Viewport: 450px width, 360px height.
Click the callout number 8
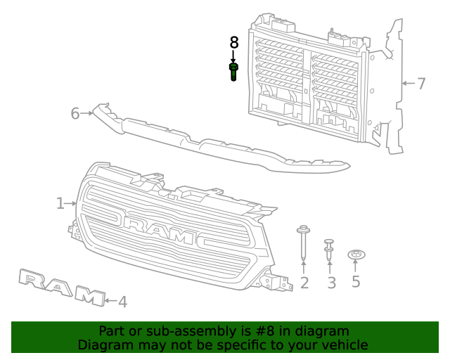[x=233, y=43]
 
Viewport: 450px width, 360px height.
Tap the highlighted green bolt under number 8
[x=233, y=71]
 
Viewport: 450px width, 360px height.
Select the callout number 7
[x=421, y=84]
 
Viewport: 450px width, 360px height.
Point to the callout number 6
[x=75, y=112]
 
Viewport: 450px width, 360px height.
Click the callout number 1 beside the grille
[x=60, y=204]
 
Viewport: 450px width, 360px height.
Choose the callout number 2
[x=304, y=283]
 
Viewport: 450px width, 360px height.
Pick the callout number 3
[x=330, y=283]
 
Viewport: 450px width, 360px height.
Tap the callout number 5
[x=356, y=282]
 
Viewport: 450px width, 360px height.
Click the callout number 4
[x=122, y=302]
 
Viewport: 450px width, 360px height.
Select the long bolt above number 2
[x=304, y=243]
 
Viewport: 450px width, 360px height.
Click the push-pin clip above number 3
[x=329, y=250]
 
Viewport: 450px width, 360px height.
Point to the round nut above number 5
[x=356, y=254]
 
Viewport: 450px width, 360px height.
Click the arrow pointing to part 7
[x=406, y=84]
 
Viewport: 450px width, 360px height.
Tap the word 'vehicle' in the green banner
[x=344, y=345]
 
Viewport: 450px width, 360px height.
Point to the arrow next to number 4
[x=110, y=301]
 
